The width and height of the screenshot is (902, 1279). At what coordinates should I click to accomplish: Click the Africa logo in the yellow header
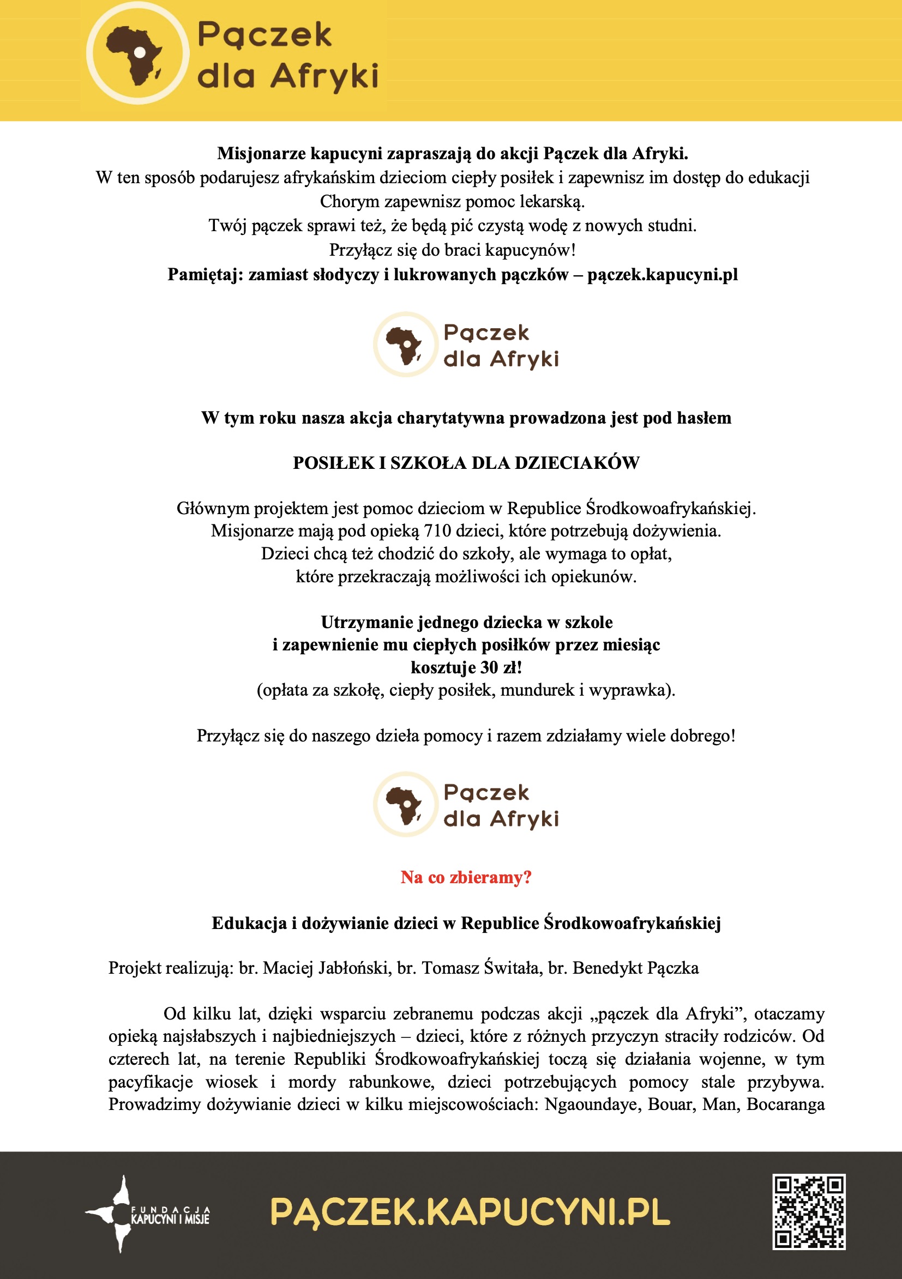pos(137,53)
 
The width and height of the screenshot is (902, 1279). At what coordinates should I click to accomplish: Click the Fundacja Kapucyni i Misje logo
pos(148,1214)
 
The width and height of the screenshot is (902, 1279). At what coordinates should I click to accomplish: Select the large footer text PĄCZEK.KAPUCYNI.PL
pos(470,1212)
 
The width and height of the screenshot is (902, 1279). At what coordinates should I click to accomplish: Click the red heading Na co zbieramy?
pos(466,877)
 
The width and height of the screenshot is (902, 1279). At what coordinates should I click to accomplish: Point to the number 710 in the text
pos(437,531)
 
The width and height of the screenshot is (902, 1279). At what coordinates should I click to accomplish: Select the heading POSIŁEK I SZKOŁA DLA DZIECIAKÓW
pos(466,463)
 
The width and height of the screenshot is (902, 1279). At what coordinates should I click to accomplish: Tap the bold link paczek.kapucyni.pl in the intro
pos(663,275)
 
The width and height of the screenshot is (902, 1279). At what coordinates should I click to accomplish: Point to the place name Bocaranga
pos(785,1105)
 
